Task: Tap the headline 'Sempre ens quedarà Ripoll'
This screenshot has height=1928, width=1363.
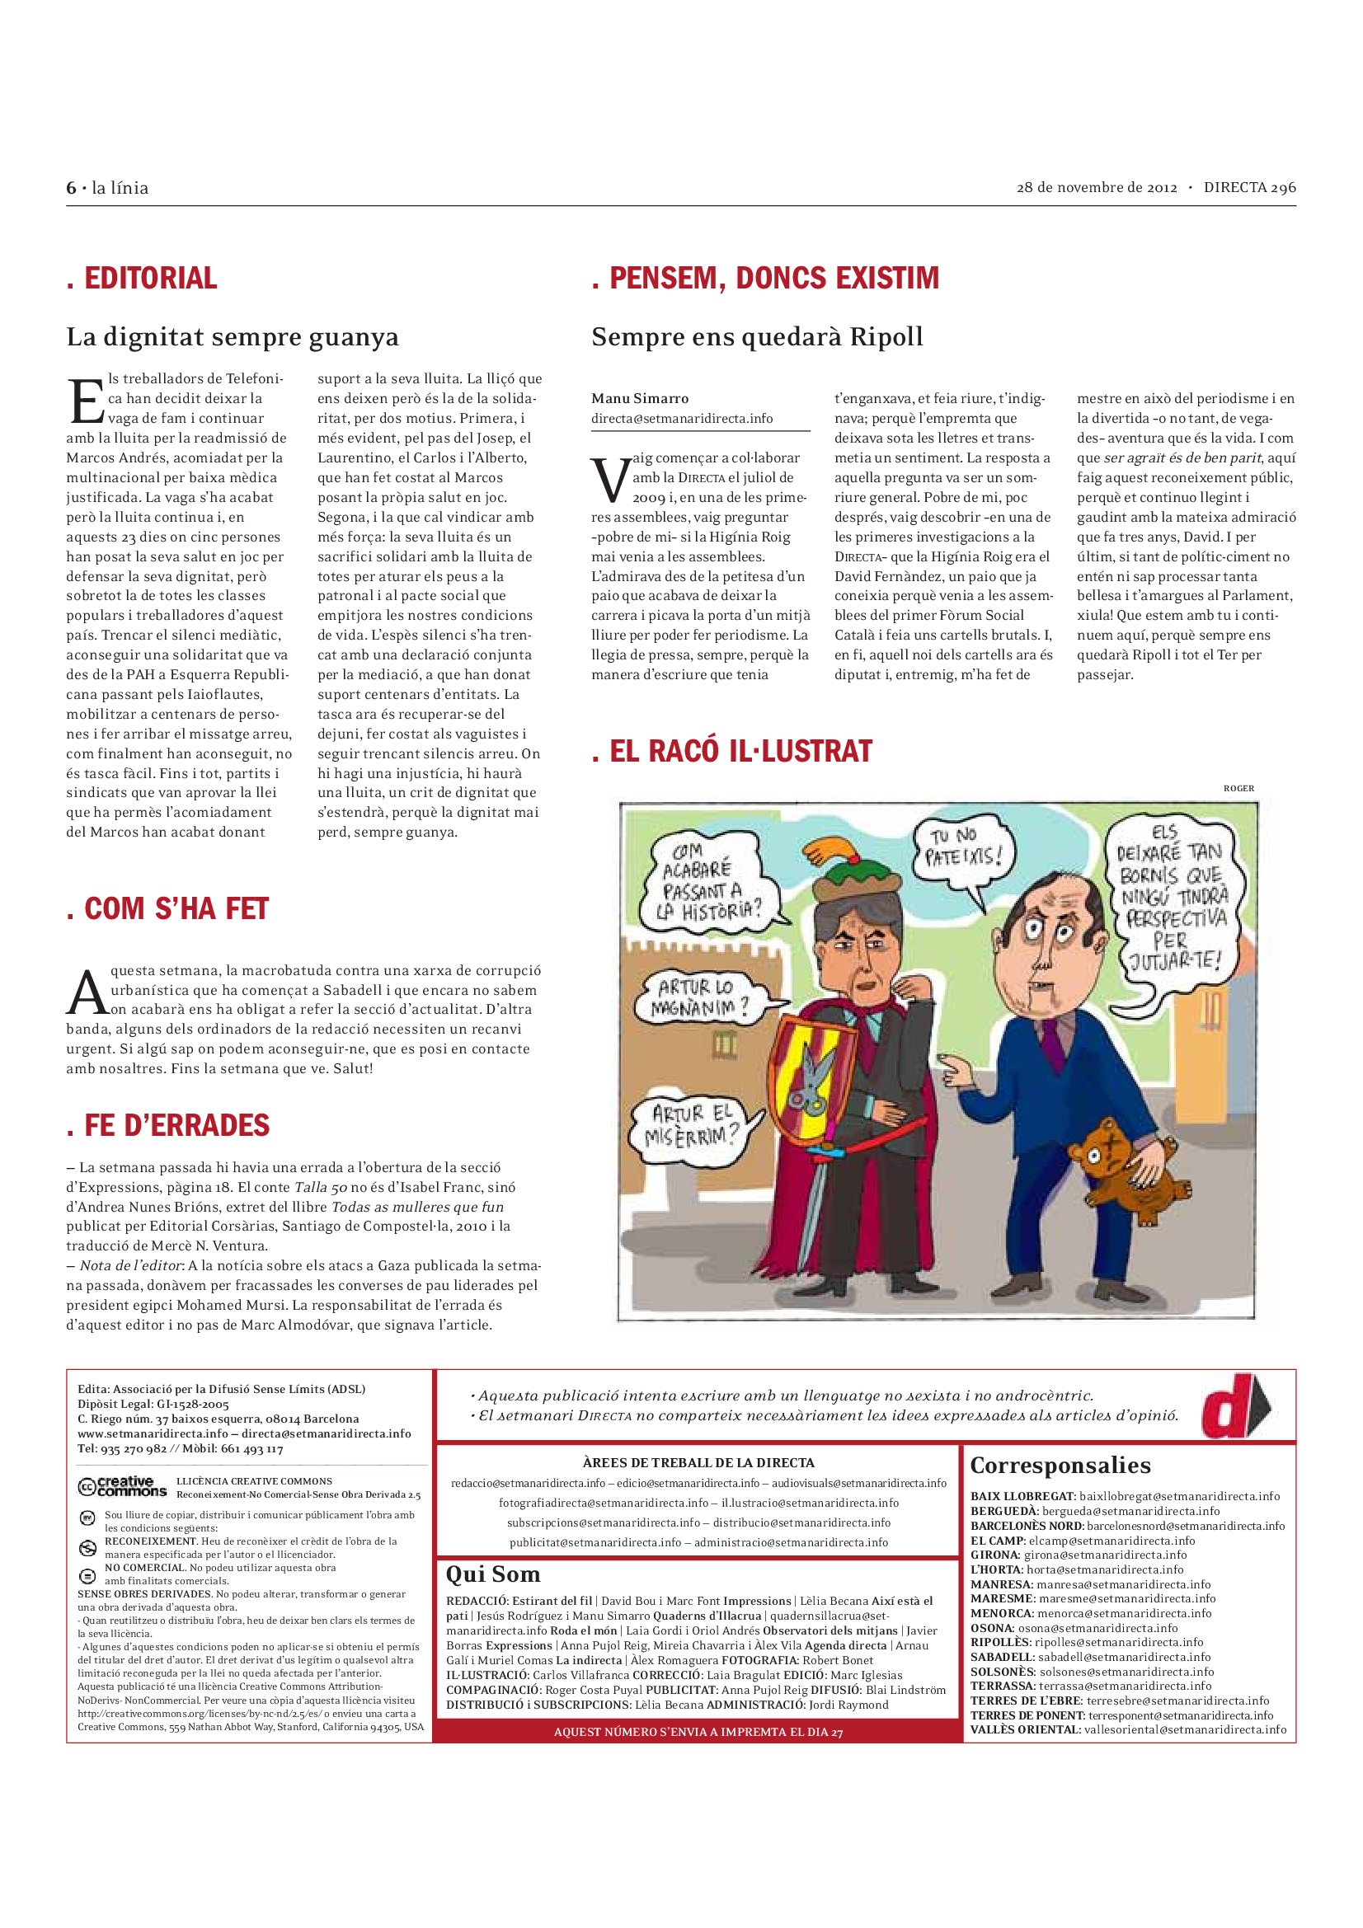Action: (757, 337)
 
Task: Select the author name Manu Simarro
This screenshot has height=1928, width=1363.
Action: (640, 398)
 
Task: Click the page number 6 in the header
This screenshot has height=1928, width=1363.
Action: (72, 188)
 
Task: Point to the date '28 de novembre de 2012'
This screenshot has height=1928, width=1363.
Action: (1096, 187)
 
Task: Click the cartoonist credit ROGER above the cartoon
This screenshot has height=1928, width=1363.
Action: (1238, 789)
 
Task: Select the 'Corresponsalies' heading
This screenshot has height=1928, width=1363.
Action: (1060, 1466)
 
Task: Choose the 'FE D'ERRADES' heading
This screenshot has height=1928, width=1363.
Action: (176, 1125)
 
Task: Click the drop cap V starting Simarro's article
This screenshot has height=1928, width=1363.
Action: (609, 479)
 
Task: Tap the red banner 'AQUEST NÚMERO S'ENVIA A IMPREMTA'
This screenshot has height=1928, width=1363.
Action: (698, 1732)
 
